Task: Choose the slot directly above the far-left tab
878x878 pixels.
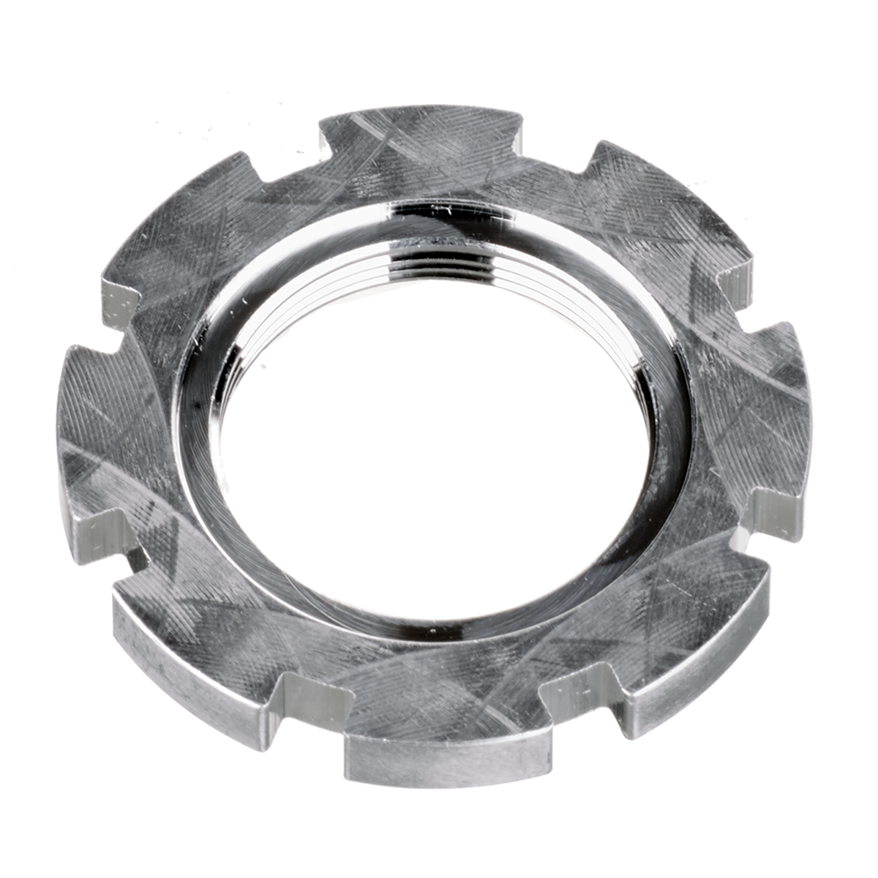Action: (121, 307)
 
